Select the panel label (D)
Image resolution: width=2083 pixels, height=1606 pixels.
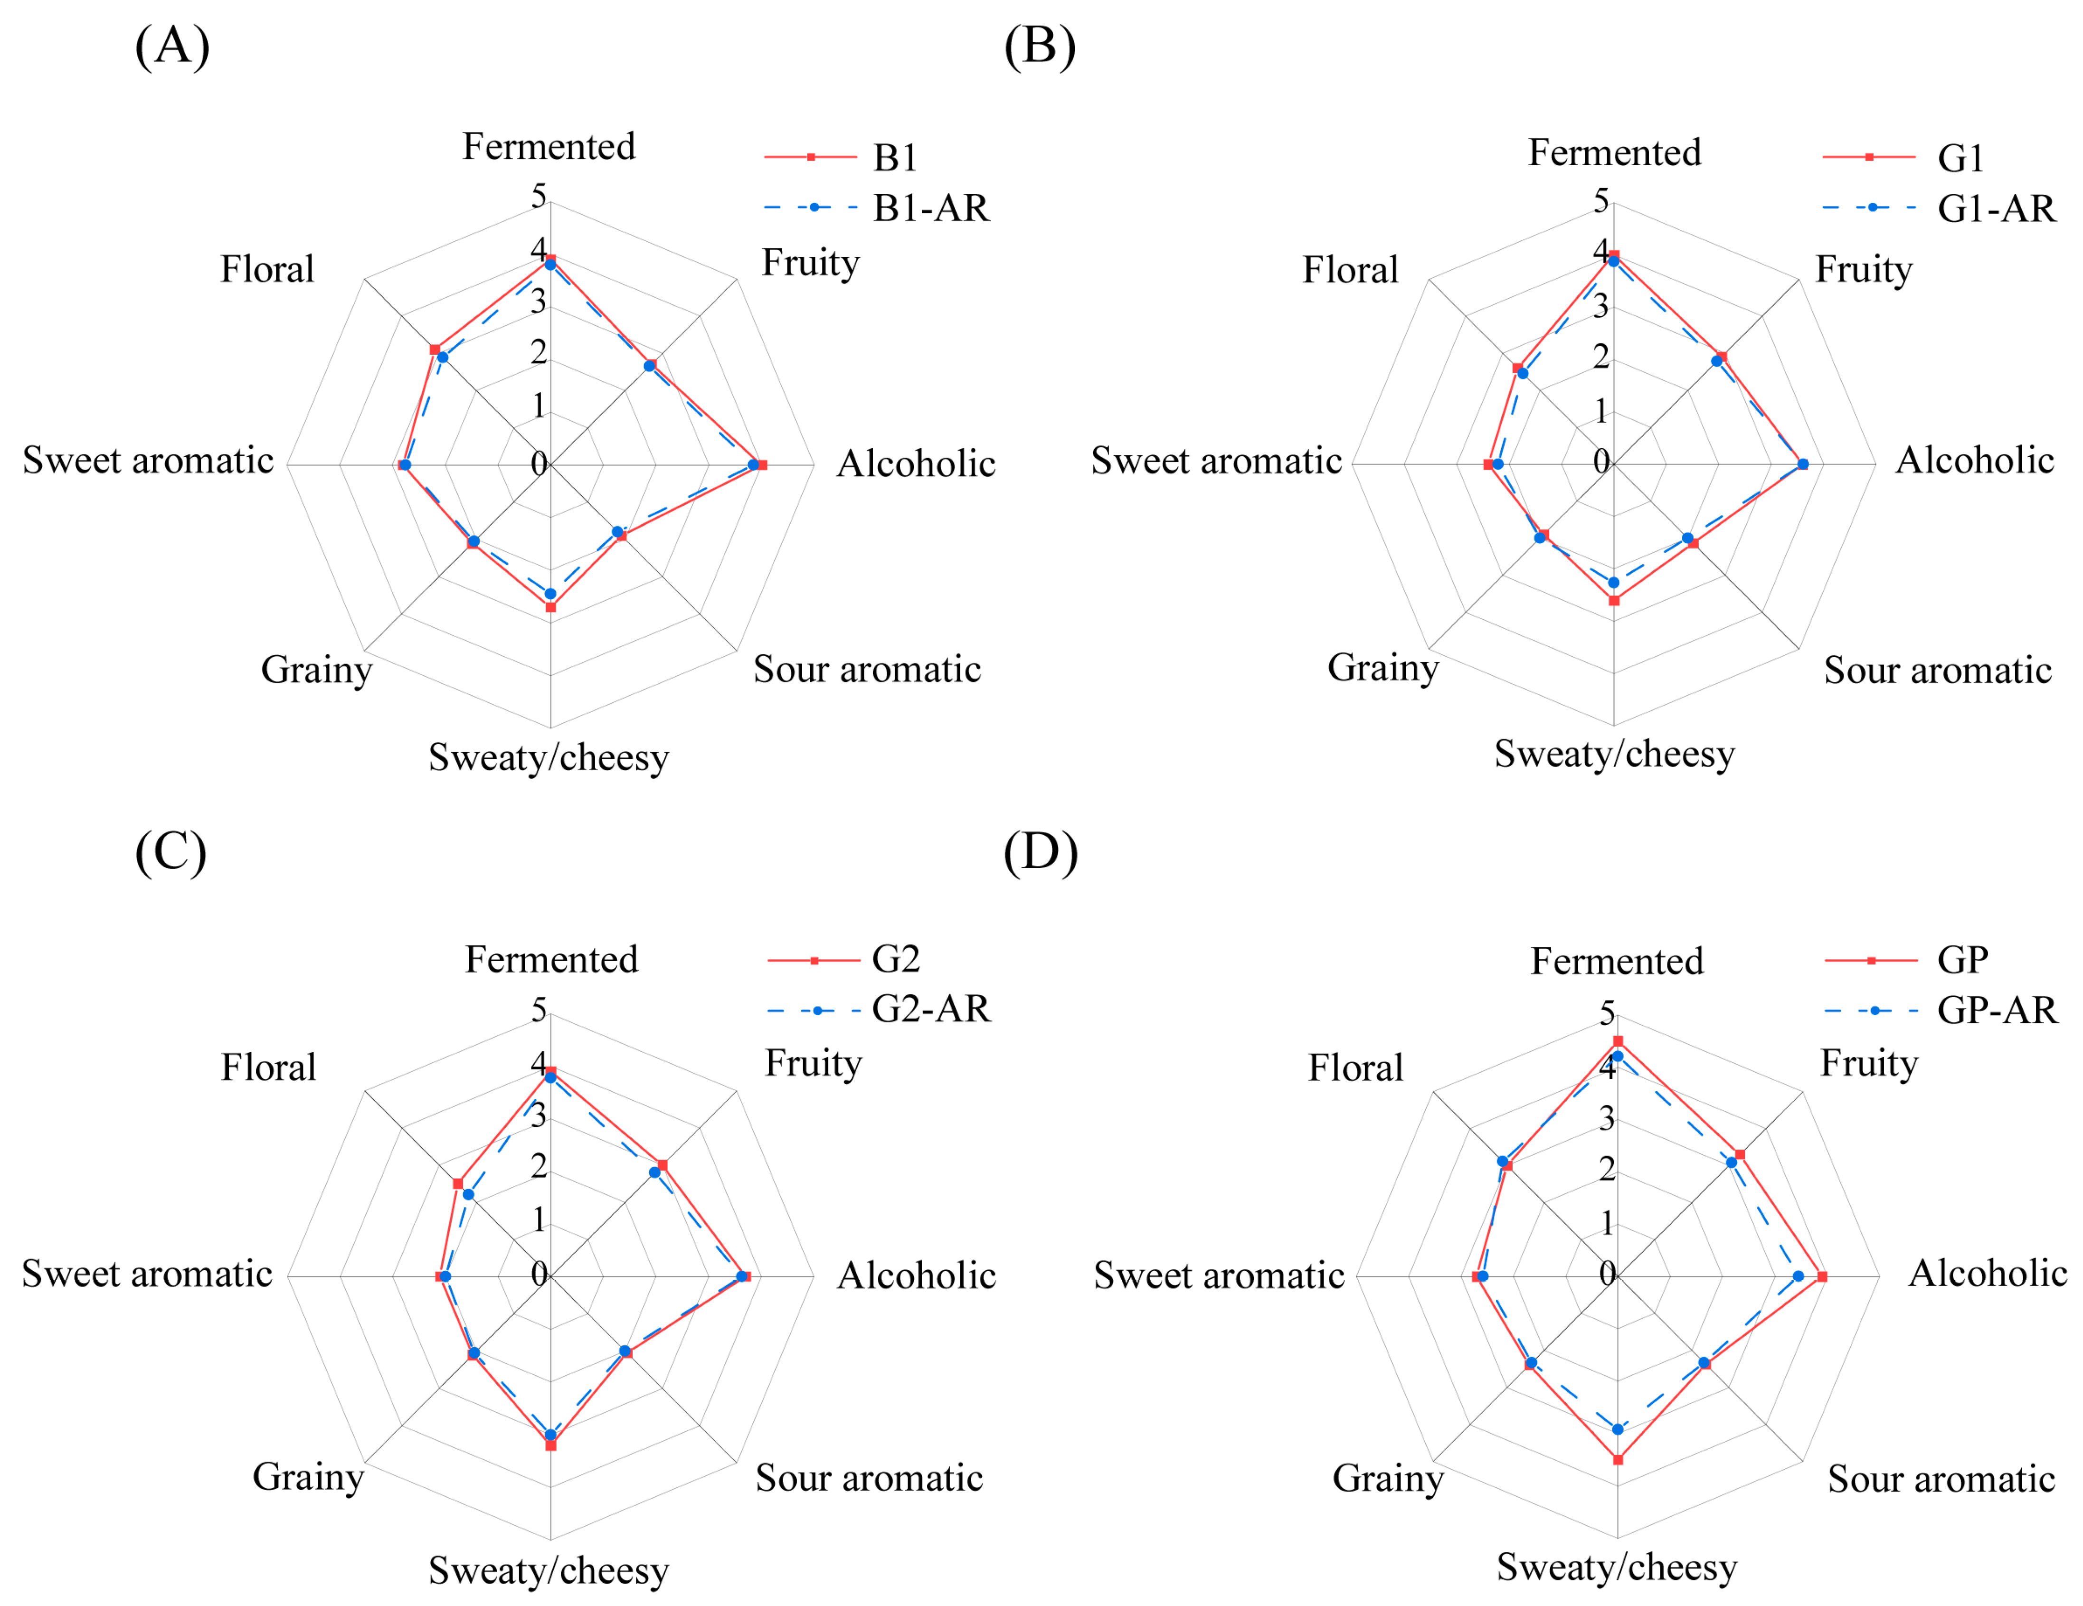point(1041,851)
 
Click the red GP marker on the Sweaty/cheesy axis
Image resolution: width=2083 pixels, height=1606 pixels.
point(1618,1459)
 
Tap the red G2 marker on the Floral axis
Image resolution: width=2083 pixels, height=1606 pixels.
point(458,1183)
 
